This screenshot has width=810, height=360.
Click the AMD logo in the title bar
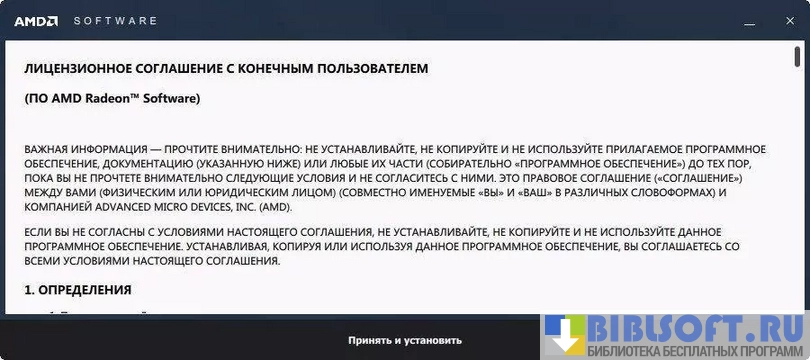click(x=36, y=21)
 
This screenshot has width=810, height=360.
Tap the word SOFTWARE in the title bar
click(x=115, y=21)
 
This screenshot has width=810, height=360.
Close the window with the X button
click(x=790, y=21)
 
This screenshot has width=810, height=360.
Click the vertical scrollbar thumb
click(x=797, y=56)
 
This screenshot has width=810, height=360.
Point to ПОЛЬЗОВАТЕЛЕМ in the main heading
click(x=368, y=69)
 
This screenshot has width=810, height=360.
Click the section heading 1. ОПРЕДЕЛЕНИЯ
click(x=77, y=290)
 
